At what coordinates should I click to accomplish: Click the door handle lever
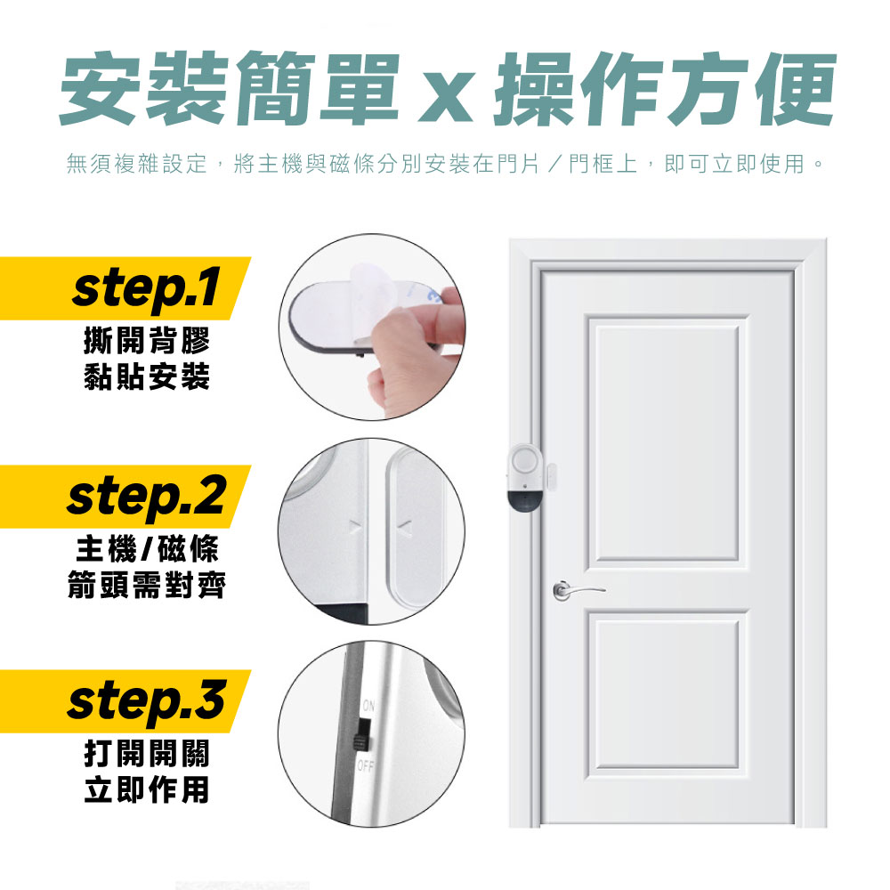pyautogui.click(x=580, y=590)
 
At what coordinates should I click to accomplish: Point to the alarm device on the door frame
pyautogui.click(x=525, y=478)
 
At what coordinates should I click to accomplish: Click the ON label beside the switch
pyautogui.click(x=368, y=706)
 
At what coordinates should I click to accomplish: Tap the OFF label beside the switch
pyautogui.click(x=366, y=766)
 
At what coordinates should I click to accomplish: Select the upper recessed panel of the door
pyautogui.click(x=667, y=440)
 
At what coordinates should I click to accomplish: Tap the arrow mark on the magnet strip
pyautogui.click(x=405, y=530)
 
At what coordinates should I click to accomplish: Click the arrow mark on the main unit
pyautogui.click(x=355, y=529)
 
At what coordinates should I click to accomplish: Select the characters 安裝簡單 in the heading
pyautogui.click(x=230, y=88)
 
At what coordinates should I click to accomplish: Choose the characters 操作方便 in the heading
pyautogui.click(x=664, y=88)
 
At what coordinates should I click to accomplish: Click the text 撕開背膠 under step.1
pyautogui.click(x=147, y=340)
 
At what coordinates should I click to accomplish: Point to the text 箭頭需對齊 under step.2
pyautogui.click(x=147, y=585)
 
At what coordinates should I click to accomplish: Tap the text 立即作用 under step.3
pyautogui.click(x=147, y=789)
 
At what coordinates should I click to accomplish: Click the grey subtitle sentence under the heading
pyautogui.click(x=445, y=164)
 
